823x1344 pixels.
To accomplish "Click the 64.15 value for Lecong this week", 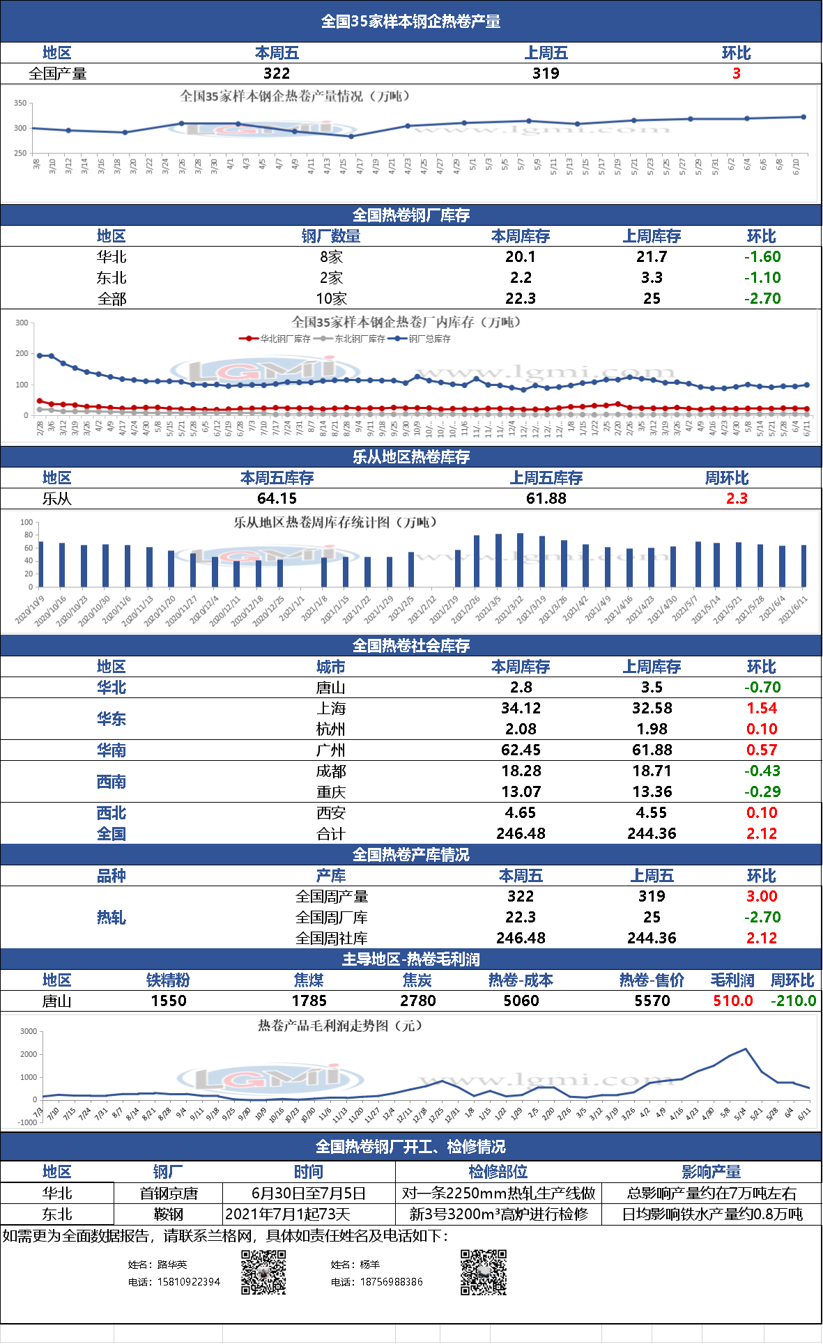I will [x=277, y=498].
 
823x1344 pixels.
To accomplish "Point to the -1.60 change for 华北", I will [x=762, y=256].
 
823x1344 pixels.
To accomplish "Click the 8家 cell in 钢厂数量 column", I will [x=331, y=257].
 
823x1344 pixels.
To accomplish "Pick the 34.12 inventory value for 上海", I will [x=521, y=708].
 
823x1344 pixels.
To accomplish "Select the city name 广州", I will [x=330, y=750].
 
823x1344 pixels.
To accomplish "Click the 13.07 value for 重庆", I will [x=521, y=791].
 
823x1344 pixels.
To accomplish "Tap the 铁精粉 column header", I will [x=168, y=980].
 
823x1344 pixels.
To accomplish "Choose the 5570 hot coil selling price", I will [x=652, y=1001].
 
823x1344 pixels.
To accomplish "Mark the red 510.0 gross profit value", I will [x=732, y=1001].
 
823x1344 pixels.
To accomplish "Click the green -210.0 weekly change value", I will [x=793, y=1001].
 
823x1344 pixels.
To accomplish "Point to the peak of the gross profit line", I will [x=746, y=1049].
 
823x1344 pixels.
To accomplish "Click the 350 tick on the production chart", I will [x=20, y=103].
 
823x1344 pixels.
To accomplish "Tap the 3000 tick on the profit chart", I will [x=29, y=1032].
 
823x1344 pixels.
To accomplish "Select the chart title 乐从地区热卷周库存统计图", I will [x=334, y=523].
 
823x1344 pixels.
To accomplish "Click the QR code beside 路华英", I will [x=263, y=1272].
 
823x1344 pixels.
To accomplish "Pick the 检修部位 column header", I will [x=498, y=1172].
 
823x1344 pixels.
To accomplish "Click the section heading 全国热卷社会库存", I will [x=410, y=646].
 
